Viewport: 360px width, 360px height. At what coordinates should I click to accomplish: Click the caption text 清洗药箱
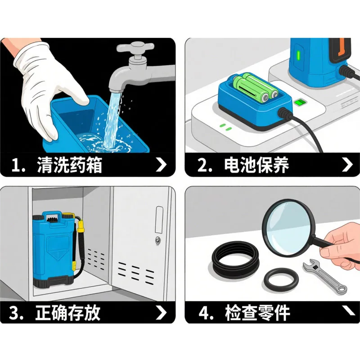click(x=69, y=165)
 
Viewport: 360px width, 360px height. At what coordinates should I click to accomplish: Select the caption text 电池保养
click(x=256, y=165)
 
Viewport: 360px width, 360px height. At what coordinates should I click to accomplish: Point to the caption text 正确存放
click(x=68, y=312)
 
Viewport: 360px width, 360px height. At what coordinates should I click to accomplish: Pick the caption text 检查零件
click(x=257, y=312)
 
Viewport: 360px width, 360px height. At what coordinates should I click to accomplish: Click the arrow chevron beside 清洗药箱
click(x=161, y=164)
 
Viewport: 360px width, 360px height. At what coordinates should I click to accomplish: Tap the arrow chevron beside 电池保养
click(x=347, y=164)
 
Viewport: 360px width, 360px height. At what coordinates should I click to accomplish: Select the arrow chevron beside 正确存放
click(x=161, y=312)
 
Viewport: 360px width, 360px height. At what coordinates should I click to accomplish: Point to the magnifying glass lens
click(x=288, y=227)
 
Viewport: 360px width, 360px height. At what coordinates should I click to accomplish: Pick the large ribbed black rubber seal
click(x=236, y=257)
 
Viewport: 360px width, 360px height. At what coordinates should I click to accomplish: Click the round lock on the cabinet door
click(x=157, y=240)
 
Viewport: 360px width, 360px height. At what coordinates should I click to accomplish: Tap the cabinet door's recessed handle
click(x=159, y=220)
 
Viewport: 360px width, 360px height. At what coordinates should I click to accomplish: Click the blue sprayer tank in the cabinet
click(x=54, y=249)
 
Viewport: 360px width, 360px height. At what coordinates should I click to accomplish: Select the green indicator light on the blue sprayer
click(x=298, y=55)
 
